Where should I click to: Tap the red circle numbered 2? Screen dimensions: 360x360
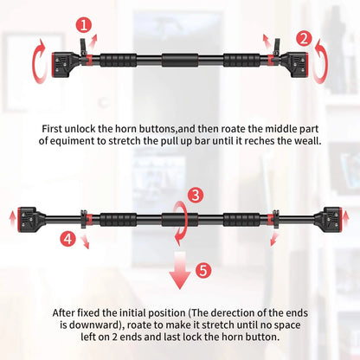[303, 37]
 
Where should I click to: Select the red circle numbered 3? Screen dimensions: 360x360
[196, 195]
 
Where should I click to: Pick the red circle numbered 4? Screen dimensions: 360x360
[67, 235]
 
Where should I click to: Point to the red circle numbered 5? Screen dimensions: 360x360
[202, 271]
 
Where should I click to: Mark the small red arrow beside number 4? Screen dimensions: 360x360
[85, 243]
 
